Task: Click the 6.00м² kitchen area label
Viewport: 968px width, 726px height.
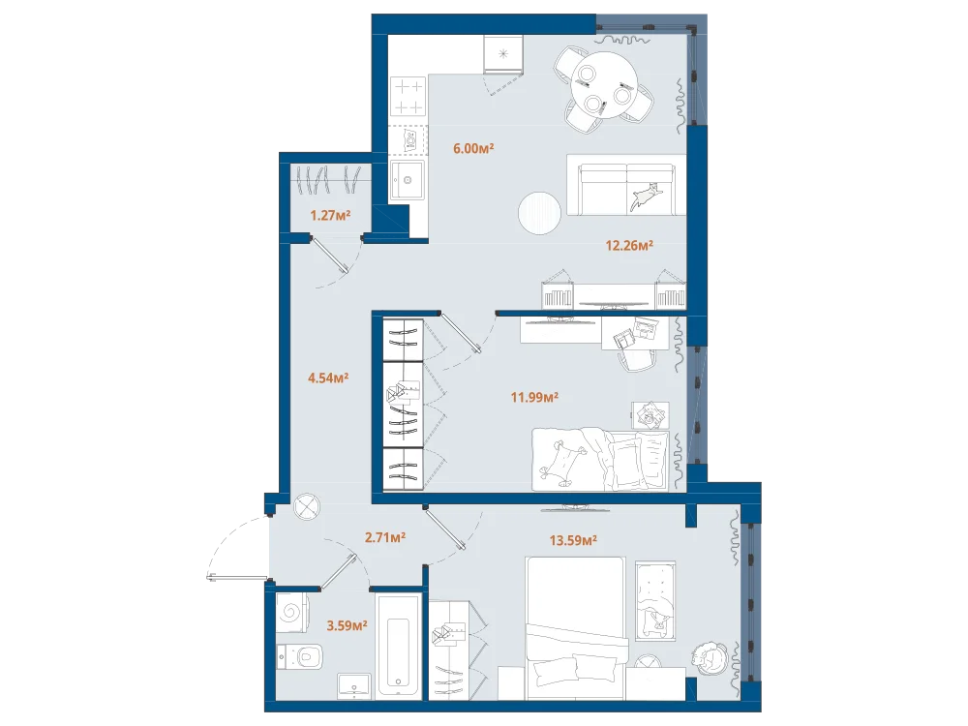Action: tap(473, 148)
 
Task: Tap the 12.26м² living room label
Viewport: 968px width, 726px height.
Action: tap(629, 245)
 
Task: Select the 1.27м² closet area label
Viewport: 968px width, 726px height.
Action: tap(330, 216)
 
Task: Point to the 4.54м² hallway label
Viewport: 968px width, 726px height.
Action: tap(328, 378)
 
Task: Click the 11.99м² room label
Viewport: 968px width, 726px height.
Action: tap(534, 397)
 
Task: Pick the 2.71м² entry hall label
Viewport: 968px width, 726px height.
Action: tap(385, 537)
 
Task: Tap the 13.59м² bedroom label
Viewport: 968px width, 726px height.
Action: tap(573, 541)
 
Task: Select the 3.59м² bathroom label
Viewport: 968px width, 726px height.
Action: tap(347, 625)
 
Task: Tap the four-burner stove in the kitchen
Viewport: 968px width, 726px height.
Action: tap(408, 97)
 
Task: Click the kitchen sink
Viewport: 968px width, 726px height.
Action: tap(407, 180)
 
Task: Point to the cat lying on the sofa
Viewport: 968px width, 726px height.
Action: tap(646, 197)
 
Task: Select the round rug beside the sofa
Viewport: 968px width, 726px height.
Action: tap(539, 212)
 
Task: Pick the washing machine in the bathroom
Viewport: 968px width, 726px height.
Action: tap(292, 613)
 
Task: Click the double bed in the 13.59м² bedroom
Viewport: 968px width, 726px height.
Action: tap(575, 628)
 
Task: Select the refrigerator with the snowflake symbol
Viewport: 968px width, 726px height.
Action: tap(503, 53)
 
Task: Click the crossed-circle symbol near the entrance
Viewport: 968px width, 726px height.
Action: tap(307, 507)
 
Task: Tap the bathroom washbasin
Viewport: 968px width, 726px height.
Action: tap(354, 686)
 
